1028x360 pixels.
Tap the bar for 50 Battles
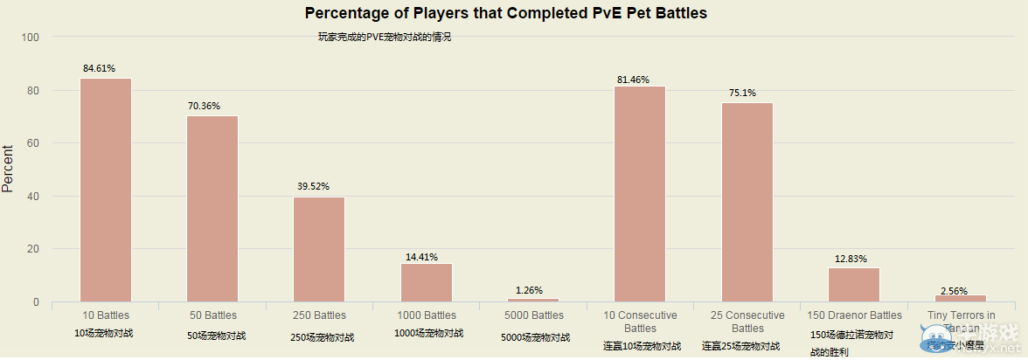[212, 209]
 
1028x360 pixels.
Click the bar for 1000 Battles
[427, 282]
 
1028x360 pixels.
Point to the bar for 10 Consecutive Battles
[640, 194]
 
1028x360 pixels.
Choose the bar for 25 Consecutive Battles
[747, 202]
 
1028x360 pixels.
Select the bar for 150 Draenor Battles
[854, 285]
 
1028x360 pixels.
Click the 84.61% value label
[99, 68]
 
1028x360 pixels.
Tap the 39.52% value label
[312, 186]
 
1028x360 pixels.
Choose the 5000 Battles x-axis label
[533, 315]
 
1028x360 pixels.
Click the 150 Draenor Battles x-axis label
[854, 315]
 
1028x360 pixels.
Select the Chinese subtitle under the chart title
[385, 38]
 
